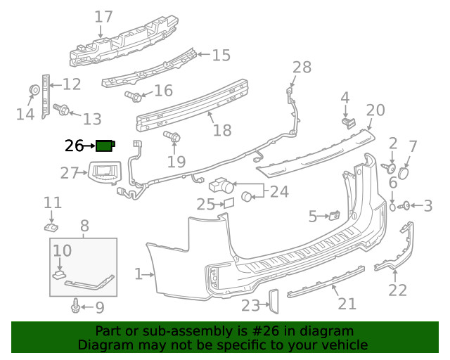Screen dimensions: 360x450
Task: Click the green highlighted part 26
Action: [105, 146]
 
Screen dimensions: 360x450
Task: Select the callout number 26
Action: [74, 146]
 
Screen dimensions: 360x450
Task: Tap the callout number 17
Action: [103, 16]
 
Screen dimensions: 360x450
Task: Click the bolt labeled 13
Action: [61, 108]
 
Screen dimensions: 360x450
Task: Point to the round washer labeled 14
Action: [33, 90]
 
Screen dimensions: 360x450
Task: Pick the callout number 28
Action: [301, 67]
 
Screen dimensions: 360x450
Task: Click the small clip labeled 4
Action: [347, 123]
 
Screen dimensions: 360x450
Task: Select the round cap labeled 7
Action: [404, 173]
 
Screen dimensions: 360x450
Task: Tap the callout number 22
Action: [398, 289]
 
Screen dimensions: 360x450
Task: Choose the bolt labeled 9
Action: [75, 306]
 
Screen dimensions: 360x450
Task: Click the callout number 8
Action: [84, 226]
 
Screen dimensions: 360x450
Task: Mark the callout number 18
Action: [221, 130]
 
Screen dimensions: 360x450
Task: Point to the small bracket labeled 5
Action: [334, 215]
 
